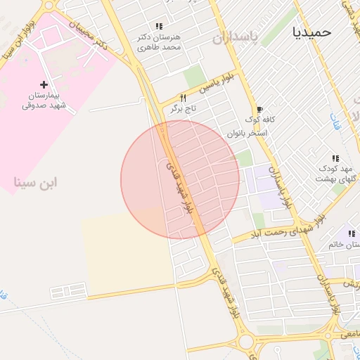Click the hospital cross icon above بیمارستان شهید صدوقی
44,84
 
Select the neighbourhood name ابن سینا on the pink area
35,182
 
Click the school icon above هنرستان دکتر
160,26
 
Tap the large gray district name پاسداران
236,35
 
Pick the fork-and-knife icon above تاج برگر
183,98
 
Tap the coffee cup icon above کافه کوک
259,110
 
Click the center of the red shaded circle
180,180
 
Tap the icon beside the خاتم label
349,234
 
